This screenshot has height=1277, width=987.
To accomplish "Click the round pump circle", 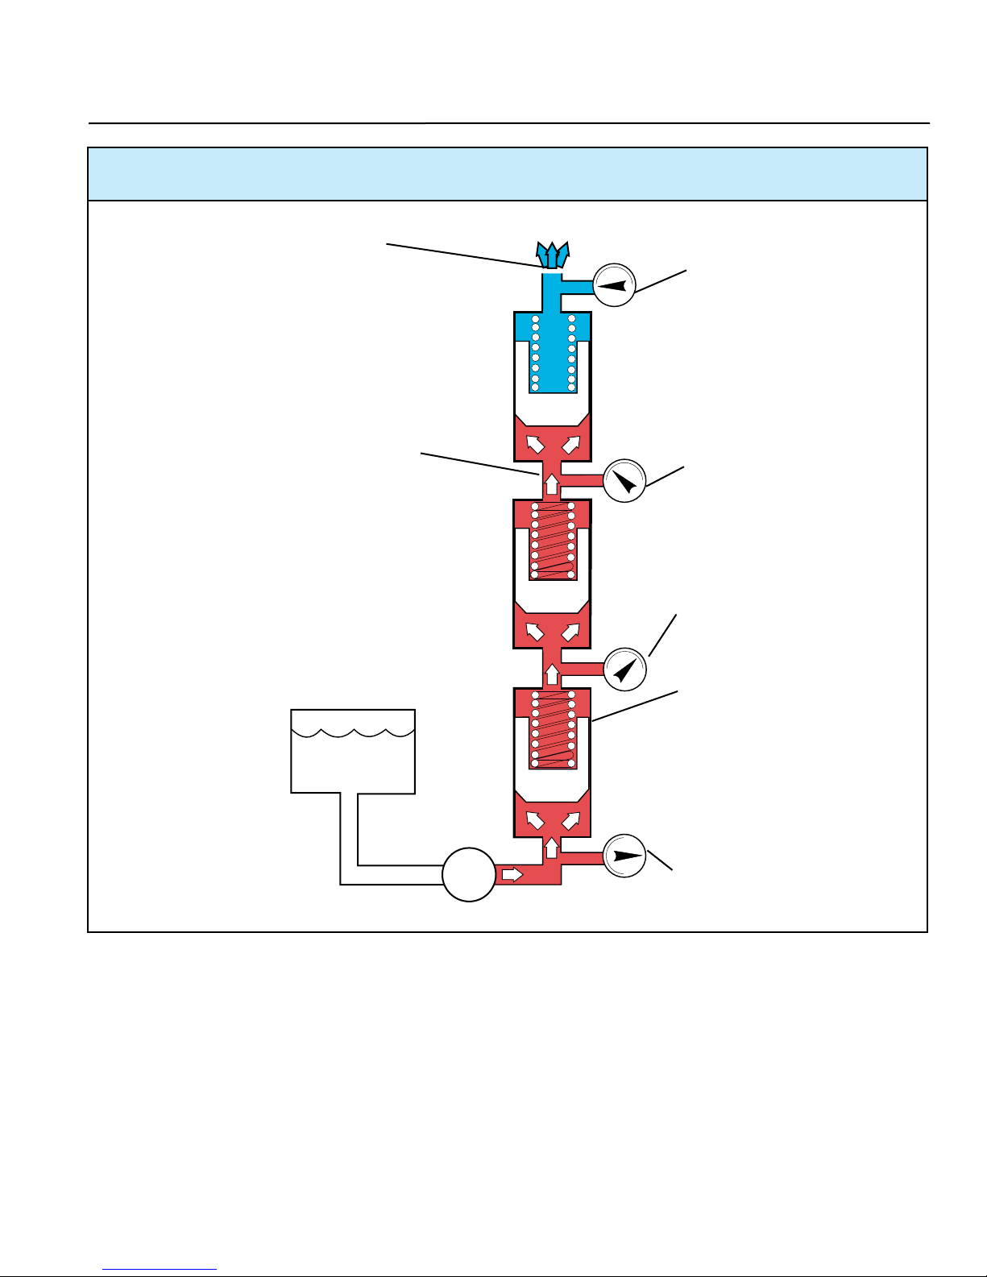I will [x=469, y=874].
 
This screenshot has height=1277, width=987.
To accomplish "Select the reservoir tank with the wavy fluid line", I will [x=353, y=751].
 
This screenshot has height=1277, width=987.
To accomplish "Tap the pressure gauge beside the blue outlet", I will [x=614, y=284].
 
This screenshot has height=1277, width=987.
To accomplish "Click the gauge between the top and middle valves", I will [x=624, y=481].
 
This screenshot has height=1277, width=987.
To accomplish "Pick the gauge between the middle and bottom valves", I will [x=625, y=669].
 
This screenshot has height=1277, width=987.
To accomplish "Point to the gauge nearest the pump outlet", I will [x=624, y=856].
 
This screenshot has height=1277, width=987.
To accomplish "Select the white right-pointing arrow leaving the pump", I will [x=512, y=874].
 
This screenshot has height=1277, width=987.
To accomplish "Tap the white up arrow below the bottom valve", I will [x=552, y=848].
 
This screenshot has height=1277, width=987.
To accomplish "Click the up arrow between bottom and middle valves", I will [x=552, y=673].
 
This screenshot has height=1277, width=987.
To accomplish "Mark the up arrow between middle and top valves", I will [x=552, y=484].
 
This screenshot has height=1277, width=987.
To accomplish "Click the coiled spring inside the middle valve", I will [x=553, y=541].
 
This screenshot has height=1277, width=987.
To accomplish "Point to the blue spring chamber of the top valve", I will [x=553, y=352].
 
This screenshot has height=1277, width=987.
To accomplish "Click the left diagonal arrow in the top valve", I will [x=533, y=444].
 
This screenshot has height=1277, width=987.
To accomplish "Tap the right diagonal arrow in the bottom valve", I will [x=571, y=820].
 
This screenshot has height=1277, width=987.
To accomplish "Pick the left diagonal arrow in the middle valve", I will [x=533, y=632].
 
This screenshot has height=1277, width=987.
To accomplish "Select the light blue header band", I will [x=508, y=174].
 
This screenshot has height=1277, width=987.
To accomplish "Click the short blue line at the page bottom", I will [x=160, y=1271].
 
